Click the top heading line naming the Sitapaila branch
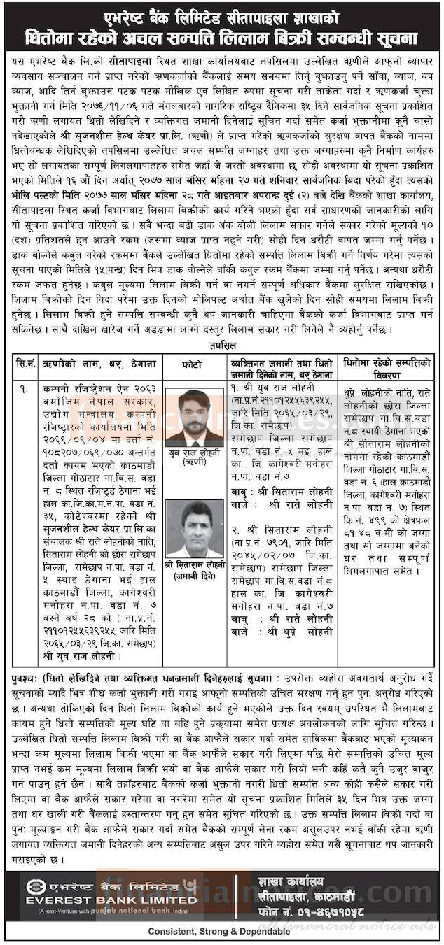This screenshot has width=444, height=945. pos(221,13)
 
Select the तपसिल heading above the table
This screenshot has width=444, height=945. pos(223,346)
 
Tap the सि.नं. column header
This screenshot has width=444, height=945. pos(26,364)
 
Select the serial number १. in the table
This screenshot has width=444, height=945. pos(25,388)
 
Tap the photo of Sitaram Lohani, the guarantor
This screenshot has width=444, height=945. pos(195,527)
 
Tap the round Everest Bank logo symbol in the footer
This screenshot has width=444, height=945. pos(31,886)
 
